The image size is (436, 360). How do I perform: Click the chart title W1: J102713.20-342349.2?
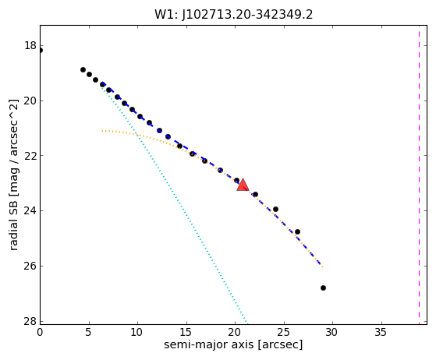tap(233, 14)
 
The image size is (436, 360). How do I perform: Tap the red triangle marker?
tap(243, 185)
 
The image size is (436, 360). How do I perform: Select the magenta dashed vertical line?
tap(419, 175)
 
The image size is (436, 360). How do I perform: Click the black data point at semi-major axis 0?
tap(41, 51)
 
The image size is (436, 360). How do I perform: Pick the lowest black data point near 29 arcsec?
tap(323, 288)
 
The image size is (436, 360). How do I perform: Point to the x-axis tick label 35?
tap(381, 332)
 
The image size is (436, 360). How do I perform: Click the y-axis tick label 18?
tap(30, 45)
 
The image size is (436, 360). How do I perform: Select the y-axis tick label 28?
tap(30, 321)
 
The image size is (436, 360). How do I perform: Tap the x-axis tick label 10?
tap(137, 332)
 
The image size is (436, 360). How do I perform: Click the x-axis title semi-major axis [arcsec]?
tap(233, 344)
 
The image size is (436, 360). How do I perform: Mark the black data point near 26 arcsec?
tap(297, 231)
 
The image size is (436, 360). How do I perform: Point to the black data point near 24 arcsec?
tap(275, 209)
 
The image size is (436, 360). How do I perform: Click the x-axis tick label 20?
tap(235, 332)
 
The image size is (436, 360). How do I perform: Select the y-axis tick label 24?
tap(30, 210)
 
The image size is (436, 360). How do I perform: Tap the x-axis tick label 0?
tap(40, 332)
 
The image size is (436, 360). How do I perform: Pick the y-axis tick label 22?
tap(30, 155)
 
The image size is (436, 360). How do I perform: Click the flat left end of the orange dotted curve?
tap(103, 131)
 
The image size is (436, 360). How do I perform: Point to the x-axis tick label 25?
tap(284, 332)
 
